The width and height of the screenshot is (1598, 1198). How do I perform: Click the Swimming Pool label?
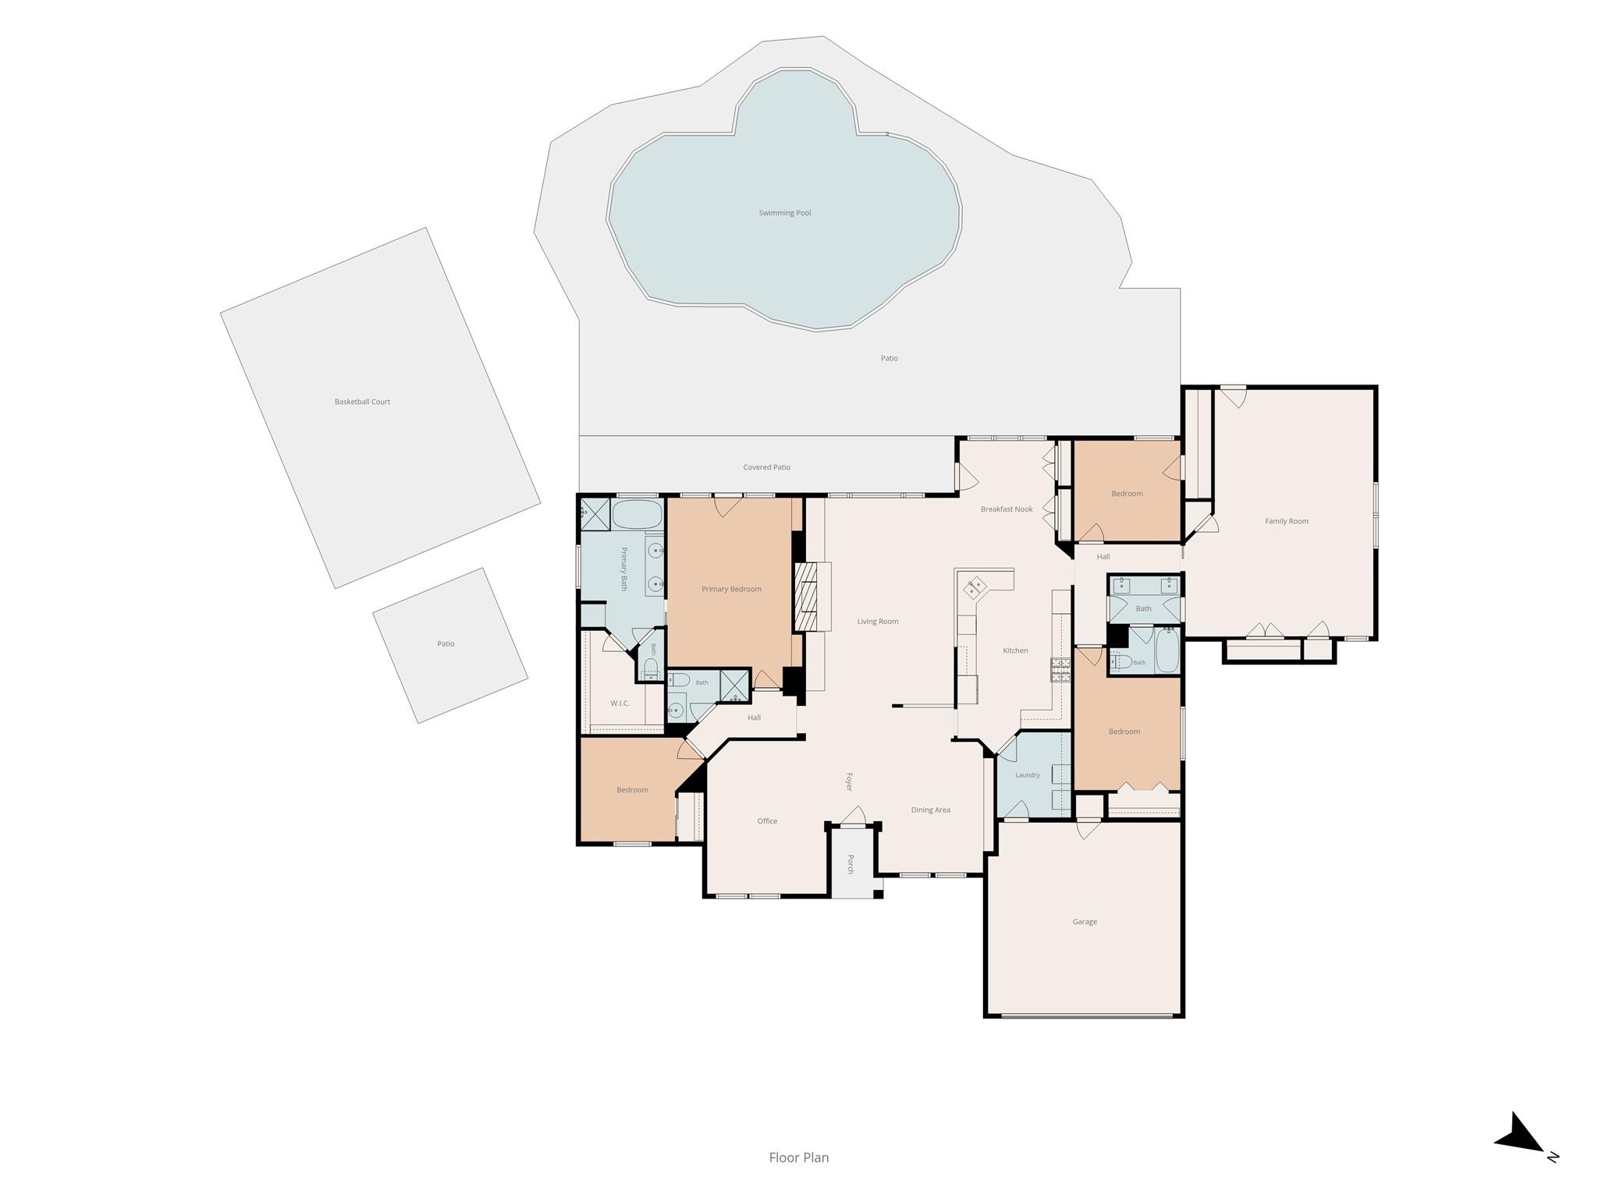point(785,213)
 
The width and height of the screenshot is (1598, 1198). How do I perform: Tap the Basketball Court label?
point(362,402)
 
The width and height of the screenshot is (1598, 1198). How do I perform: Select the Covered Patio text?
point(766,467)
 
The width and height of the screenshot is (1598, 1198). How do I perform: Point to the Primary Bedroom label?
point(731,589)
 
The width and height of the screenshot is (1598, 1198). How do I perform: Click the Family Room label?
point(1287,521)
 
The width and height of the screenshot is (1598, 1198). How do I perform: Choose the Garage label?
point(1085,922)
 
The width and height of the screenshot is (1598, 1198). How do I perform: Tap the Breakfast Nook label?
point(1007,509)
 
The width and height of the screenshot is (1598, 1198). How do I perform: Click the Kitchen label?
point(1015,650)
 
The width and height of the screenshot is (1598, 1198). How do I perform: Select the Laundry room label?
point(1028,775)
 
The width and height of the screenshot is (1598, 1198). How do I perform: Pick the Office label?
point(767,821)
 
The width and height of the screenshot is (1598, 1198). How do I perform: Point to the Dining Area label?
point(931,810)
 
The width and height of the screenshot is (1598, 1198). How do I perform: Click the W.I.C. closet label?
point(620,704)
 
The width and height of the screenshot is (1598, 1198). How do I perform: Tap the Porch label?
point(850,864)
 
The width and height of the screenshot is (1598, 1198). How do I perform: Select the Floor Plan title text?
point(799,1157)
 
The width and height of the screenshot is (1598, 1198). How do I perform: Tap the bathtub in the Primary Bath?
point(637,515)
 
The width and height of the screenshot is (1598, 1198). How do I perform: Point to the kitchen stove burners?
point(1061,671)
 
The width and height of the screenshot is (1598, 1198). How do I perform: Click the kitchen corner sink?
point(977,587)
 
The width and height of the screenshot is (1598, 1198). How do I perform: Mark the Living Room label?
point(878,622)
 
